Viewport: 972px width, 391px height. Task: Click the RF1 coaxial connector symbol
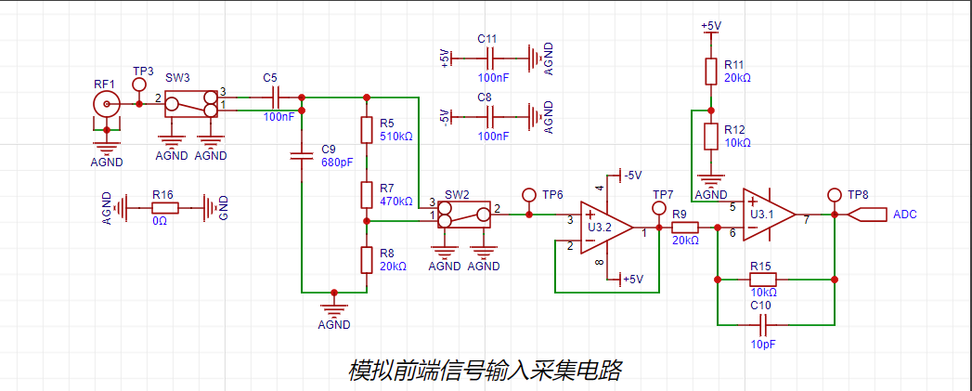click(x=109, y=104)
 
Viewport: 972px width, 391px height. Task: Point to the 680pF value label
click(x=337, y=163)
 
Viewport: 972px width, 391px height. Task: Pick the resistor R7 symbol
click(x=368, y=194)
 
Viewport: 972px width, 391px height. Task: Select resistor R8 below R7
click(x=368, y=259)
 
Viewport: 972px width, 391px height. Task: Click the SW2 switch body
click(x=464, y=215)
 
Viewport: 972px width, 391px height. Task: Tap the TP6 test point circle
click(x=529, y=195)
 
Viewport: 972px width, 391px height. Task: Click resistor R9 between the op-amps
click(x=685, y=228)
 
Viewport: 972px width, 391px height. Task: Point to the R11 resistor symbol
click(x=711, y=72)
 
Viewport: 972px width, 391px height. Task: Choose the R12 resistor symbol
click(x=711, y=137)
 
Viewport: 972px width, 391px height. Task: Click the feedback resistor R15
click(x=762, y=279)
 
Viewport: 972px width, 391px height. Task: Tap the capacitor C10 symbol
click(x=764, y=325)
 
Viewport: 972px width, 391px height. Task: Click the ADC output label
click(x=867, y=215)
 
